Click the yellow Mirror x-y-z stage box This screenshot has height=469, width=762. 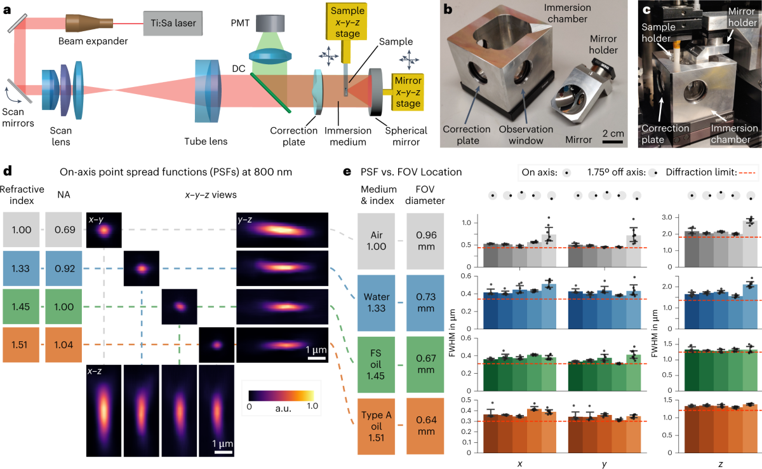(x=408, y=90)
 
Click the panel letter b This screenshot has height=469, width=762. (x=447, y=10)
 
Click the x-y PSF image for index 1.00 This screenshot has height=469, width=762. (x=104, y=230)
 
